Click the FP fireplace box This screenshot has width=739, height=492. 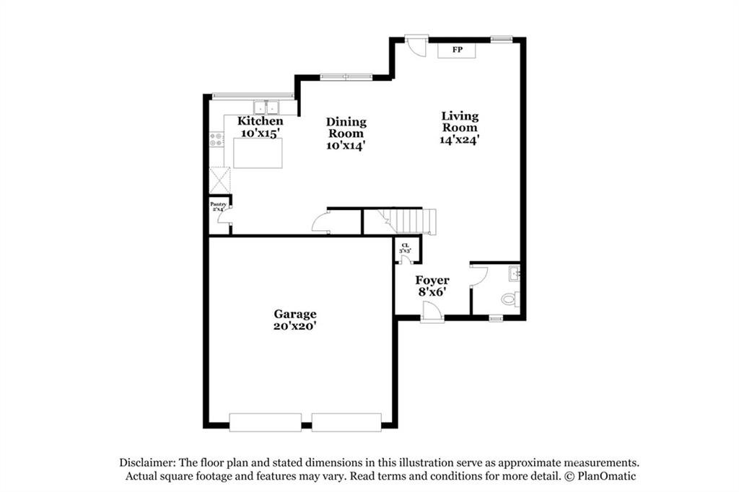457,50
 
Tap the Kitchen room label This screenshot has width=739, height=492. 261,121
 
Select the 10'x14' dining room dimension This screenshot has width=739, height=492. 346,145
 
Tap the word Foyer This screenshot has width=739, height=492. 432,280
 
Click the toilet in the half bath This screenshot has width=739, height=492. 510,299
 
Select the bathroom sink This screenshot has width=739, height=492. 514,273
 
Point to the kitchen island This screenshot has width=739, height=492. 258,153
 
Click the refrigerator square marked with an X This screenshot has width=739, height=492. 219,179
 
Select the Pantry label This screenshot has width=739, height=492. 219,204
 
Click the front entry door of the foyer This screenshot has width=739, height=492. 432,312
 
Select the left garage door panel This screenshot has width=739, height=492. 265,422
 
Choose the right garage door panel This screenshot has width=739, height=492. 346,422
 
